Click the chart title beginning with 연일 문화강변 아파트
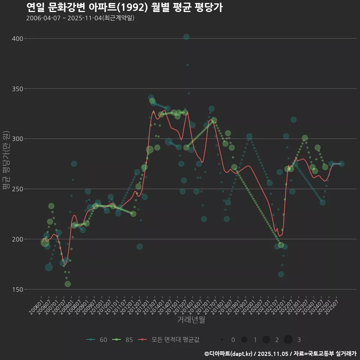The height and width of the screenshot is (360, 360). pos(124,7)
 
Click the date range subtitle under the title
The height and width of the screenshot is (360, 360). pos(80,18)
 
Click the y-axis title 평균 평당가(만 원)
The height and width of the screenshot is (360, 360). pos(6,161)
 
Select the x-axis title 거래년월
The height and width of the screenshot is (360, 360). pos(191,320)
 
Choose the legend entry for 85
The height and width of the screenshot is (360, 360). pos(123,340)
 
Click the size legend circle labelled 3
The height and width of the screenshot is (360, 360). pos(288,340)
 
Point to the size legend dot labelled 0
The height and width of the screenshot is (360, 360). pos(222,340)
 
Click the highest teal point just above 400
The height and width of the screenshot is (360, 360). pos(186,37)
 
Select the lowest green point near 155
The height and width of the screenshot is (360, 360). pos(67,284)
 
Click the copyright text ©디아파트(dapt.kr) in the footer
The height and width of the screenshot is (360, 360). pos(229,354)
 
